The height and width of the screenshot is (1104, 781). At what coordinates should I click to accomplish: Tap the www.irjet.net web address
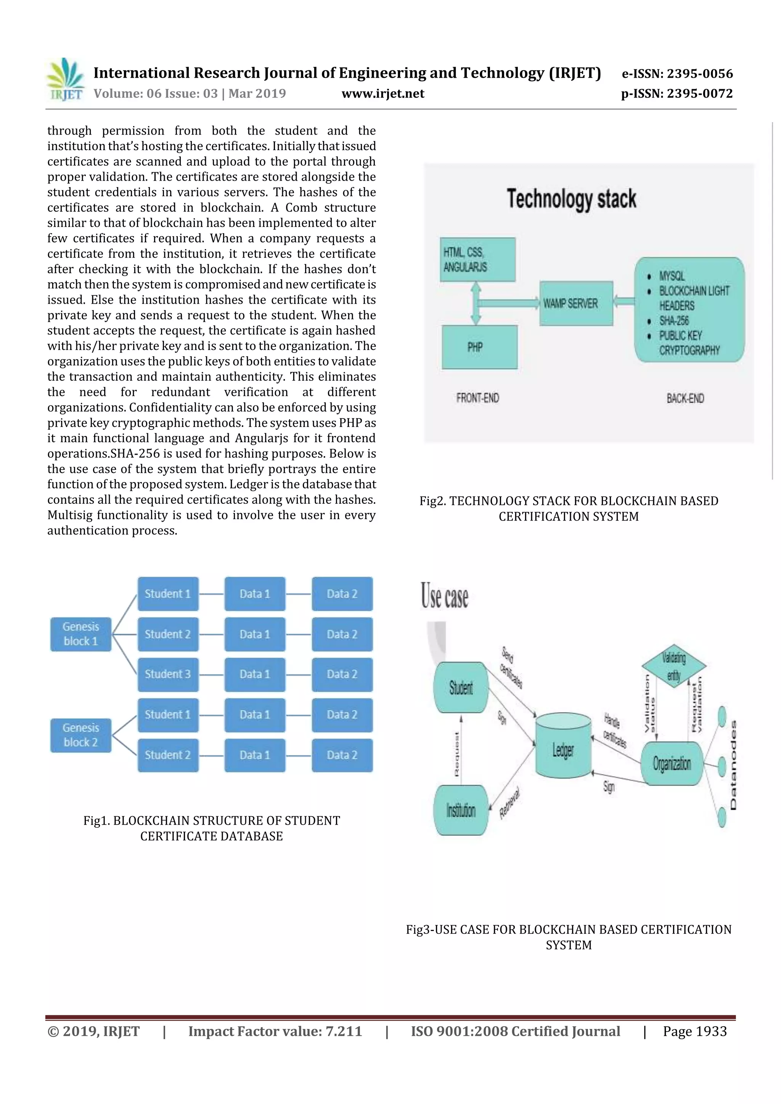click(x=382, y=93)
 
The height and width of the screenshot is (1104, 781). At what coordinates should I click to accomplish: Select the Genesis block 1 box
click(x=80, y=634)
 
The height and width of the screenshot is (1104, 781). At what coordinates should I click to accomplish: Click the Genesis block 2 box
click(x=80, y=735)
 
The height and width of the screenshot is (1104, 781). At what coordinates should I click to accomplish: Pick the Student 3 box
click(x=167, y=674)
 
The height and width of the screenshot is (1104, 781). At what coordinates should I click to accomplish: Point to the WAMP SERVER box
click(x=576, y=303)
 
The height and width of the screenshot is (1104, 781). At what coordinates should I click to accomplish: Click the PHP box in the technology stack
click(x=479, y=347)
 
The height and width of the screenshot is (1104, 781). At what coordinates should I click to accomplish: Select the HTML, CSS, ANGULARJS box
click(x=477, y=260)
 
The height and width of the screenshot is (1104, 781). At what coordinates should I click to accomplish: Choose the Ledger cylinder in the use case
click(x=563, y=749)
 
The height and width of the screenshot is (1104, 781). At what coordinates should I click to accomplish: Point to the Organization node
click(x=672, y=763)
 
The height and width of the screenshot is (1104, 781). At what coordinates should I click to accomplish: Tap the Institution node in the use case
click(x=461, y=811)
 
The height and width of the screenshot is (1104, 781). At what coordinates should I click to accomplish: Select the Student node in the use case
click(x=461, y=687)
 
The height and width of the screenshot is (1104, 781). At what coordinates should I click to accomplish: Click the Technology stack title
click(x=571, y=199)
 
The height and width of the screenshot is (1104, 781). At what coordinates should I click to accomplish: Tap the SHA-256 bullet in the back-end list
click(x=674, y=321)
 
